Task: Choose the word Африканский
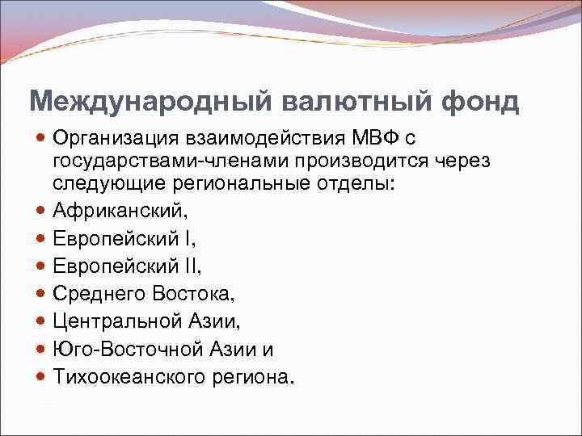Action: (x=119, y=212)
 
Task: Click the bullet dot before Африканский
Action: (x=42, y=212)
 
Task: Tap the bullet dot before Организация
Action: (x=42, y=139)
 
